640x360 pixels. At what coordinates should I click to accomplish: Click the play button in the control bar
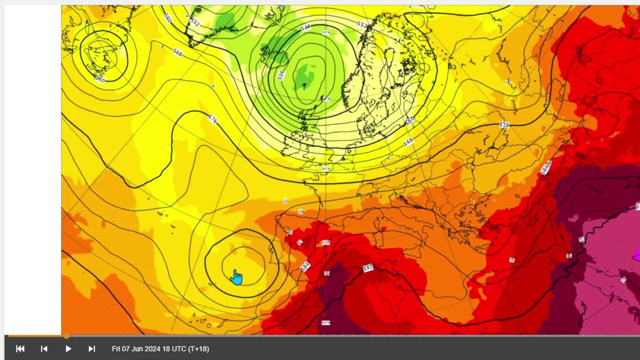point(68,349)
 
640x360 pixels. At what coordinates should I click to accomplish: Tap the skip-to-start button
point(20,349)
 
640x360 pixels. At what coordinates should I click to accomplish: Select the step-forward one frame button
point(92,349)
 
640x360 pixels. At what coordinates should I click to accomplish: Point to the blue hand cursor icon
point(236,277)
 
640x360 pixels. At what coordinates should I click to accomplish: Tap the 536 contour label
point(281,75)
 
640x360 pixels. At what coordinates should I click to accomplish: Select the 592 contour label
point(367,268)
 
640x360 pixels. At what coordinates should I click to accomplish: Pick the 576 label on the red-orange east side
point(504,124)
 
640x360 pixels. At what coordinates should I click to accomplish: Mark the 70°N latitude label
point(326,32)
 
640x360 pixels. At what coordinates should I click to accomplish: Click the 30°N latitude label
point(326,322)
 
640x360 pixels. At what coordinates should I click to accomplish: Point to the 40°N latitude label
point(326,242)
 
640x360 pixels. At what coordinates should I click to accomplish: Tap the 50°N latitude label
point(326,169)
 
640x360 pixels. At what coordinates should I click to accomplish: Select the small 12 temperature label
point(285,201)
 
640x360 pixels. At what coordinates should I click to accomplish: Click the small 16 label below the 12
point(301,212)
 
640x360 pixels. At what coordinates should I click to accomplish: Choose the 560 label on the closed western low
point(100,79)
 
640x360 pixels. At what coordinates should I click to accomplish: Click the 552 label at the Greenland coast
point(195,22)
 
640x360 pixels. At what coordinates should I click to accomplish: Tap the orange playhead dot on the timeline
point(66,336)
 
